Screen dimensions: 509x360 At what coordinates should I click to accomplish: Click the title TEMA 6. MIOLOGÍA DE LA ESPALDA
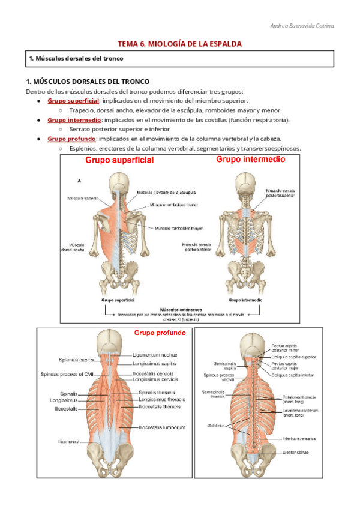(180, 44)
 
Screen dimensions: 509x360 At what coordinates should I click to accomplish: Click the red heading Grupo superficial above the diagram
(119, 160)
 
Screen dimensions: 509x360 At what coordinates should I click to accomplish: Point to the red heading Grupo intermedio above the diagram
(251, 160)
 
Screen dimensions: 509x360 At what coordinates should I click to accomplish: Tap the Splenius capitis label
(76, 360)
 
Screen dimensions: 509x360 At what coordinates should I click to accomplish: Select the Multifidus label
(217, 425)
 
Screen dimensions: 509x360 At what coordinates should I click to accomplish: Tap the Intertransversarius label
(300, 439)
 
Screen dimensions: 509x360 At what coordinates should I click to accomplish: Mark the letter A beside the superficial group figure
(80, 180)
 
